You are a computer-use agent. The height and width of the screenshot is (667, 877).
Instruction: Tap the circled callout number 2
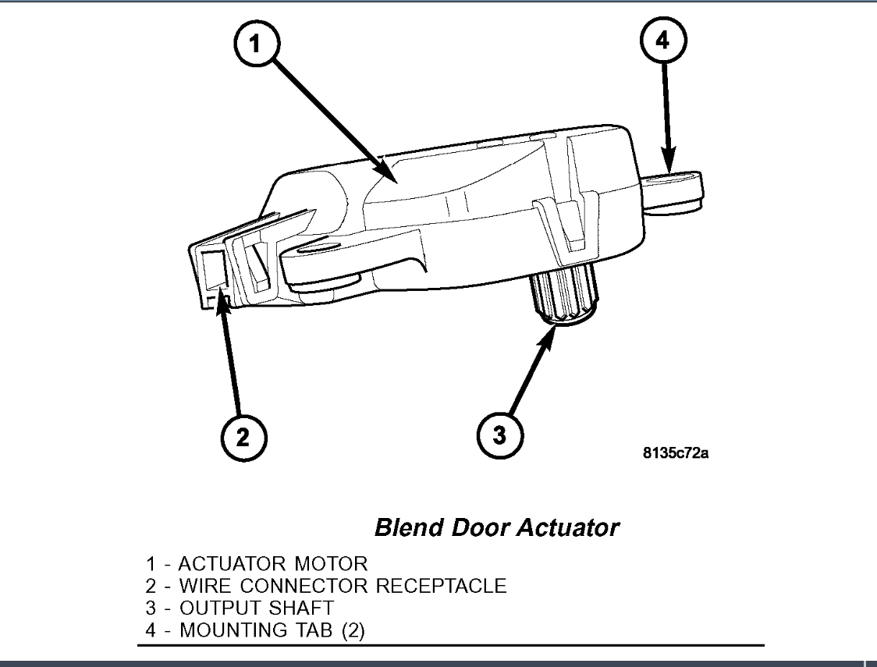[x=243, y=435]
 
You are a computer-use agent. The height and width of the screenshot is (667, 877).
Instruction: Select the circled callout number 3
[x=499, y=435]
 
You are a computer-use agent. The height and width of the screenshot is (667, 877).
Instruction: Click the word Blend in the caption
[x=408, y=528]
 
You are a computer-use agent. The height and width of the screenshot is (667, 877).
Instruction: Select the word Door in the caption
[x=478, y=528]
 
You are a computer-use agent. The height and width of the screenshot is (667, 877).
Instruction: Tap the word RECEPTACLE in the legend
[x=441, y=585]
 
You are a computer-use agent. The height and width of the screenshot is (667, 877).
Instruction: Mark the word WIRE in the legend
[x=204, y=585]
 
